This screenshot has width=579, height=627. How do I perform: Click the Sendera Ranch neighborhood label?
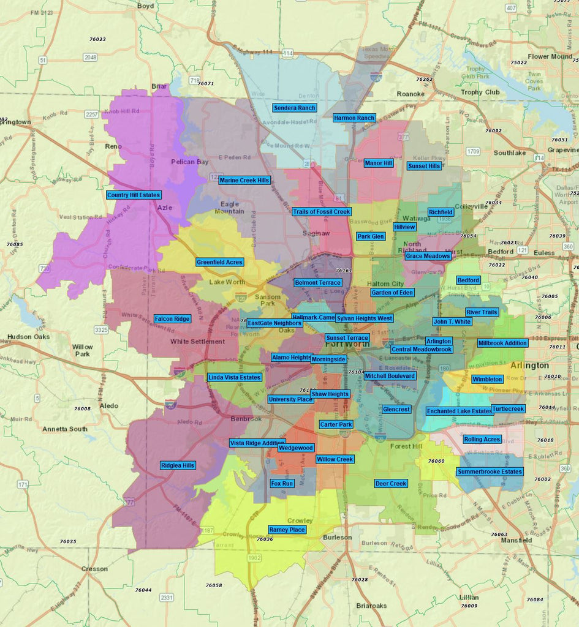pos(295,108)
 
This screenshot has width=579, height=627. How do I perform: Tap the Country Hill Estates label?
pos(134,195)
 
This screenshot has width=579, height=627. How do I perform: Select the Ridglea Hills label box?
pos(178,465)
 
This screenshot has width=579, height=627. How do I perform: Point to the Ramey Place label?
pos(287,530)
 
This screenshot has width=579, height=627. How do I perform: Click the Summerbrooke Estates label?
pos(490,471)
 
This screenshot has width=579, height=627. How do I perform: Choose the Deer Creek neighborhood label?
pos(391,484)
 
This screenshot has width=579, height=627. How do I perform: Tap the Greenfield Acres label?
pos(219,262)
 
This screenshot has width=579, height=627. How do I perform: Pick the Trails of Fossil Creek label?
pos(321,212)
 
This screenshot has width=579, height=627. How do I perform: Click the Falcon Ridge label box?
pos(172,319)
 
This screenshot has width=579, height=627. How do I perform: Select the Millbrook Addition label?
pos(502,344)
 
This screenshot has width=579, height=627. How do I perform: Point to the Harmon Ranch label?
pos(354,118)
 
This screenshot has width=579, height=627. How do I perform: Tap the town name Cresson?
pos(94,569)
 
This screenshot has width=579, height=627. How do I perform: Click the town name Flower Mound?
pos(550,56)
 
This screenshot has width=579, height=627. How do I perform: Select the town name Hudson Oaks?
pos(28,337)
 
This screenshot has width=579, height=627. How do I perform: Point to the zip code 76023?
pos(97,39)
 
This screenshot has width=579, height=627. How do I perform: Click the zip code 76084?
pos(535,599)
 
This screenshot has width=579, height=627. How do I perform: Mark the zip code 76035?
pos(68,542)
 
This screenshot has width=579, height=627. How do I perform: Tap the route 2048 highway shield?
pos(91,57)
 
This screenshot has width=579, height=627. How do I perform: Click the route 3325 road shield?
pos(101,330)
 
